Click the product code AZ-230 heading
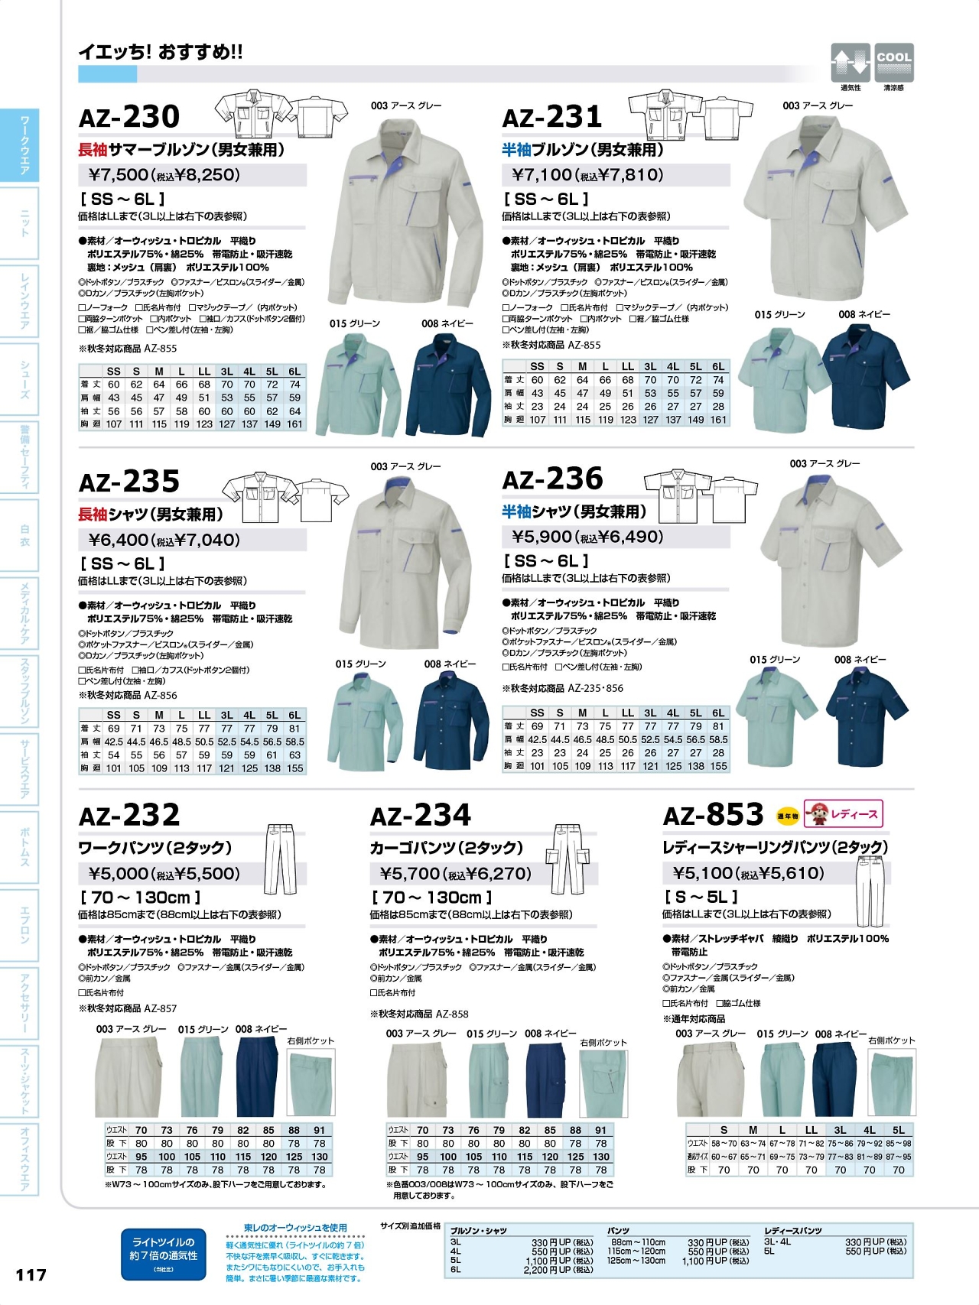coord(129,117)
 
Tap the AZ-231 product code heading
coord(552,117)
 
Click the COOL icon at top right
coord(893,62)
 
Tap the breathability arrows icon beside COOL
coord(851,62)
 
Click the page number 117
coord(31,1274)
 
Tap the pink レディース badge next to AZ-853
coord(844,814)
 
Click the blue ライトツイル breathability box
coord(164,1254)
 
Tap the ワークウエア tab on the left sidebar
coord(24,145)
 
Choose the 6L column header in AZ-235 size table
coord(294,716)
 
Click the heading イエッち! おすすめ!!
coord(161,52)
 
